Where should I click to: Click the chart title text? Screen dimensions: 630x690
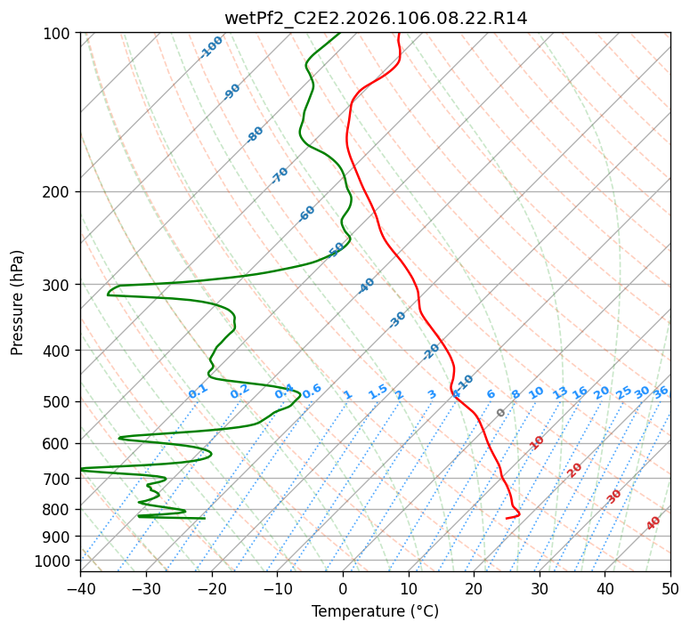coord(376,19)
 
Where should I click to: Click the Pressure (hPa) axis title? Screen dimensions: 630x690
coord(18,302)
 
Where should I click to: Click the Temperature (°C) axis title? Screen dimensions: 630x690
coord(375,612)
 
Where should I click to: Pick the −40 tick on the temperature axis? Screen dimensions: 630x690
coord(80,588)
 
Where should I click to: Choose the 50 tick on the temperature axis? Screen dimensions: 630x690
coord(670,588)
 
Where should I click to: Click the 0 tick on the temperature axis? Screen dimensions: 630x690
coord(343,588)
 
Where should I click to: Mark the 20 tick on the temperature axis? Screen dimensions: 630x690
coord(474,588)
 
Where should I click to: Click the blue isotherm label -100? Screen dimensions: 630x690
coord(211,47)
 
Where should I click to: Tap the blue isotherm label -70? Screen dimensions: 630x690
coord(280,175)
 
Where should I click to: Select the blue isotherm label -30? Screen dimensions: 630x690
coord(397,319)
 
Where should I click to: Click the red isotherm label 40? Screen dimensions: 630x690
coord(653,523)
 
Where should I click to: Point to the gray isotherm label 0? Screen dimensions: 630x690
coord(501,413)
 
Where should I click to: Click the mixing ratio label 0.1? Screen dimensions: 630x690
coord(198,392)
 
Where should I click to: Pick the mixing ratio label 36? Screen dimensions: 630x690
coord(661,392)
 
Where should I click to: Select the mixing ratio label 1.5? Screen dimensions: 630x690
coord(377,392)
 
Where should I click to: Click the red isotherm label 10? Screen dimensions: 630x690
coord(537,442)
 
